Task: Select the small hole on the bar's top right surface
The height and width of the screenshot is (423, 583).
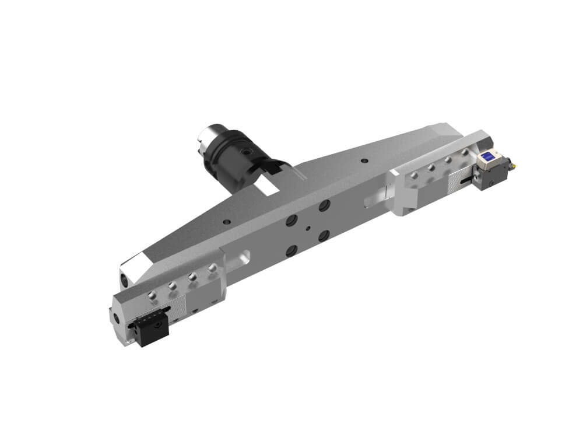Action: (x=364, y=160)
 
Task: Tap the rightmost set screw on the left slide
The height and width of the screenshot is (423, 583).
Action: (x=212, y=268)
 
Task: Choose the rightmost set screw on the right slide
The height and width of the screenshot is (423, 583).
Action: (x=465, y=152)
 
